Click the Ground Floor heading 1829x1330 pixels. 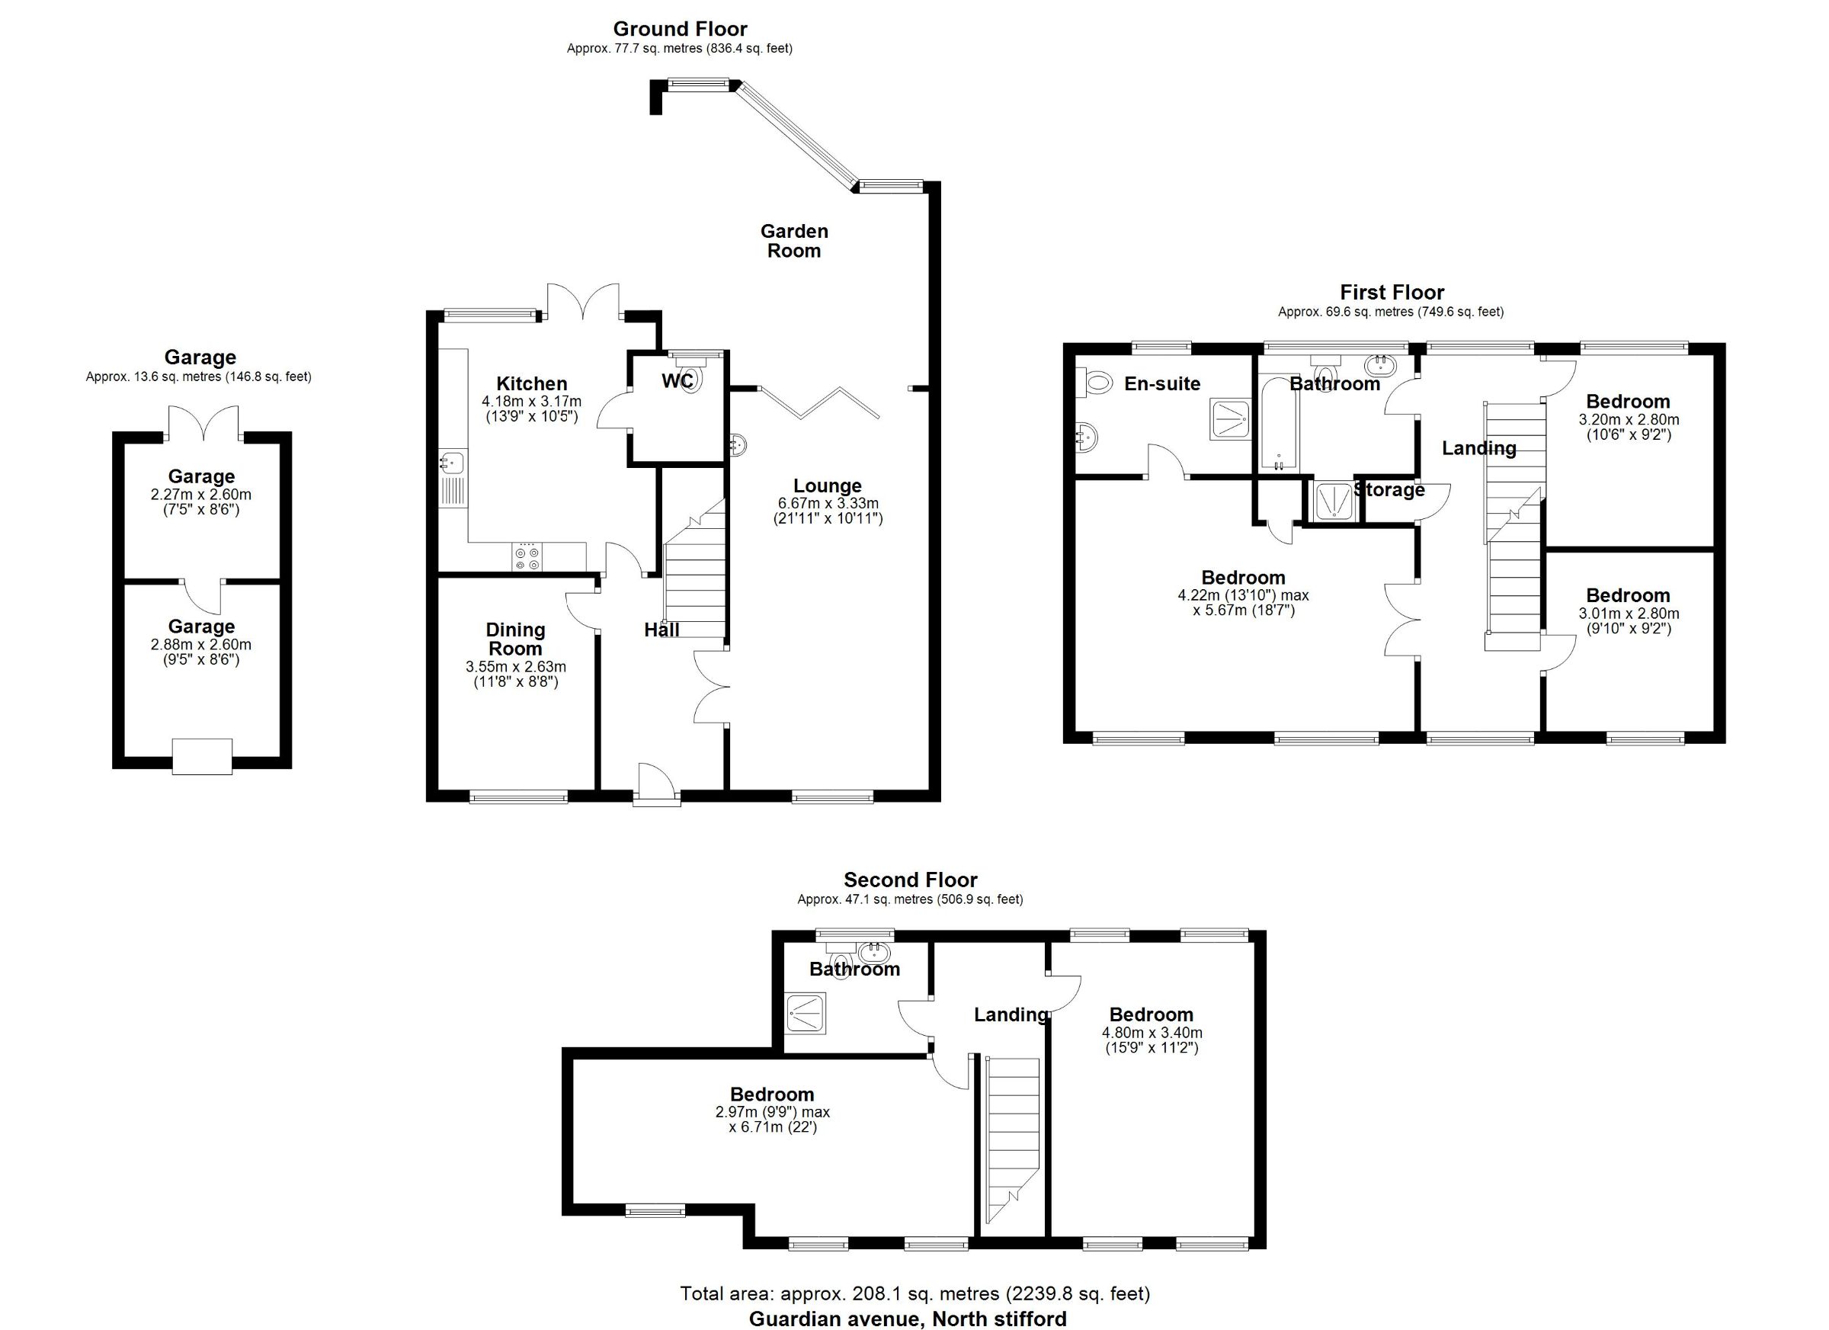tap(680, 29)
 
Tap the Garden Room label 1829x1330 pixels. tap(794, 241)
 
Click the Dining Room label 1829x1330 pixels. tap(515, 639)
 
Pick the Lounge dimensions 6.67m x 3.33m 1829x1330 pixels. tap(828, 503)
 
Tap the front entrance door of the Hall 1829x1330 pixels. tap(655, 784)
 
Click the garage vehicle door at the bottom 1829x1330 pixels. tap(203, 757)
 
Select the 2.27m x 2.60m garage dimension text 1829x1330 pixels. tap(200, 495)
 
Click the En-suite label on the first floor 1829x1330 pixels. tap(1162, 384)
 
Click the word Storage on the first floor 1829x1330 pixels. tap(1389, 490)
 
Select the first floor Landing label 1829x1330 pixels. tap(1479, 448)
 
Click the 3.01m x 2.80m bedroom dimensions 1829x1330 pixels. tap(1629, 614)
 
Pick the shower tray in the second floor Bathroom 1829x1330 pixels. tap(806, 1014)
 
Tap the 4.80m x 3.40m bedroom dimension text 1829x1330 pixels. tap(1152, 1033)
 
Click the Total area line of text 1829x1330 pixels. tap(915, 1293)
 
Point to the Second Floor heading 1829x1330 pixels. tap(911, 880)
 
